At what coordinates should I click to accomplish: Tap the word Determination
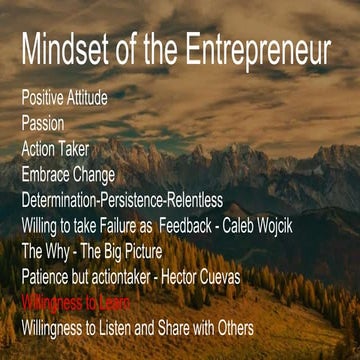coord(66,199)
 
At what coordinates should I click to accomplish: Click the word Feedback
coord(203,224)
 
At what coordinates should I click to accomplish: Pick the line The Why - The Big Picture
coord(91,249)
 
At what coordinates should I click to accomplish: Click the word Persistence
coord(150,199)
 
